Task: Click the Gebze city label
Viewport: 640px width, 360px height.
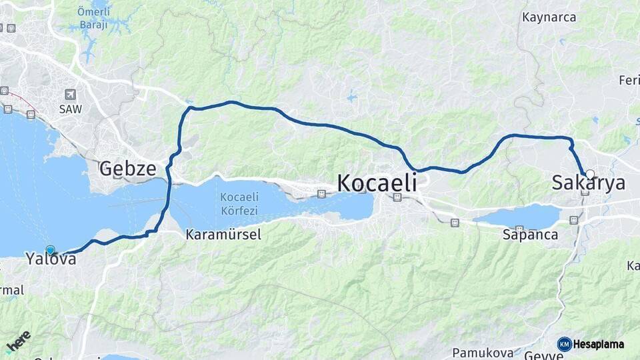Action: point(127,169)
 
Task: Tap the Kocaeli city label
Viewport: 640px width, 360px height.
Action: point(377,182)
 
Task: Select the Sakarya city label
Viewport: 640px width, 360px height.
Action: point(589,183)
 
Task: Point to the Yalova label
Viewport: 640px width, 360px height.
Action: point(51,259)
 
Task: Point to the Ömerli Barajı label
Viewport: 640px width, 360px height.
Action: point(93,19)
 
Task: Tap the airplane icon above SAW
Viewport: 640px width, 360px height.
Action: point(70,95)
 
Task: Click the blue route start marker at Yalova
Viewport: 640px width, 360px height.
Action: point(50,250)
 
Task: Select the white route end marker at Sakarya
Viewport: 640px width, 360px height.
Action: point(589,175)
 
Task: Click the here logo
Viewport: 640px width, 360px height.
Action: point(18,341)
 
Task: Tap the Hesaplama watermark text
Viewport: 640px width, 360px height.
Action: point(599,344)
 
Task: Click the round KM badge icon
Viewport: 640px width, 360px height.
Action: point(565,344)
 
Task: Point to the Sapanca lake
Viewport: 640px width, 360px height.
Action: point(519,217)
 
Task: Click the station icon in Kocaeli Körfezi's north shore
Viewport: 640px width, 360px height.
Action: point(322,194)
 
